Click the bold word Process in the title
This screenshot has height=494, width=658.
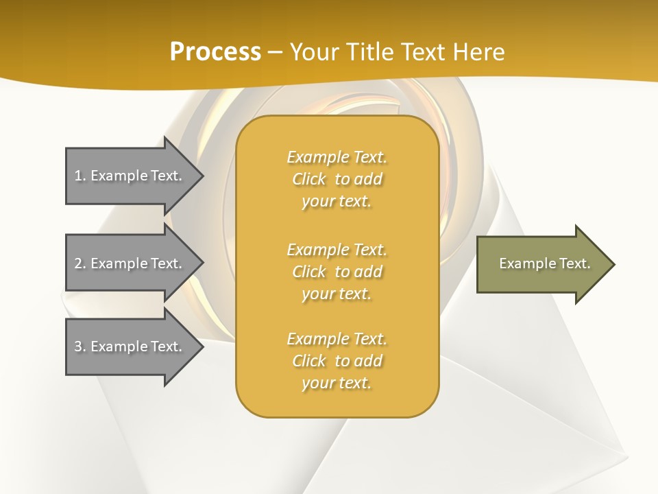[215, 52]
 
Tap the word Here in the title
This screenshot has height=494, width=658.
[479, 52]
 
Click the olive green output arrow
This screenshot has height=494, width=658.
[541, 263]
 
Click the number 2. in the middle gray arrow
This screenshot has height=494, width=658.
[80, 263]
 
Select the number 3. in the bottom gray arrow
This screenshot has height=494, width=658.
[80, 346]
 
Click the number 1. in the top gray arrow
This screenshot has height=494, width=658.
[80, 176]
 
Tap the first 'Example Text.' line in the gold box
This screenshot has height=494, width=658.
[337, 157]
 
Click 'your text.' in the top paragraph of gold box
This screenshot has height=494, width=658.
[337, 201]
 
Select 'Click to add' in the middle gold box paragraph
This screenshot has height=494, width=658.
[337, 272]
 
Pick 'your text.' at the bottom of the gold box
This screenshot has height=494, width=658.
[337, 383]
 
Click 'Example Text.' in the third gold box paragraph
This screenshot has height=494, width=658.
[337, 339]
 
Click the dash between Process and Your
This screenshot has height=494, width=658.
[275, 52]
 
